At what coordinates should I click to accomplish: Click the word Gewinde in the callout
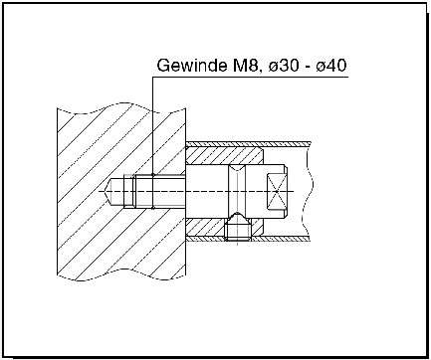pos(190,69)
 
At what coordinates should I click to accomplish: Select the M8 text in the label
pos(242,69)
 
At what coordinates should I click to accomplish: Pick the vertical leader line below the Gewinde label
pos(153,129)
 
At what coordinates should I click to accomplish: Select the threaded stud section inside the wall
pos(139,190)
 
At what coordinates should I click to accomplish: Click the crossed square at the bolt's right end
pos(278,190)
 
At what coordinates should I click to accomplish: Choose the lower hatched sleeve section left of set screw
pos(207,228)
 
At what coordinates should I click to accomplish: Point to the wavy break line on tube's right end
pos(312,189)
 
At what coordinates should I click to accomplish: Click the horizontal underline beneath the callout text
pos(249,81)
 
